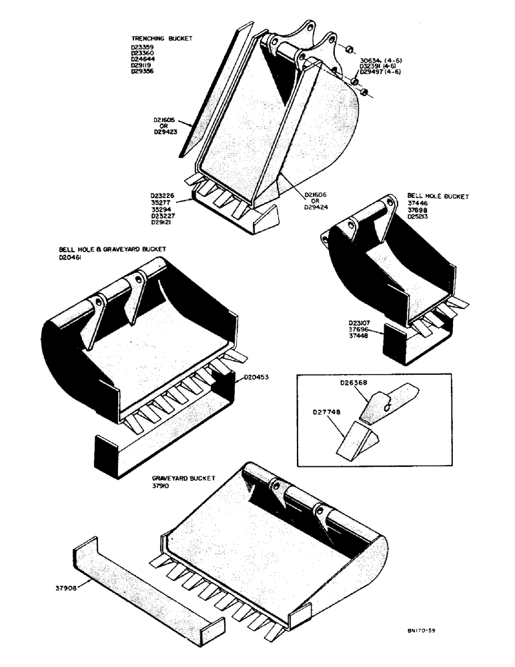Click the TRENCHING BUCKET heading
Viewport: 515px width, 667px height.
tap(161, 39)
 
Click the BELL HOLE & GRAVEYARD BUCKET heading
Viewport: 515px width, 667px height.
tap(112, 249)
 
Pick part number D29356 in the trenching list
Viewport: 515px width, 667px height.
tap(143, 71)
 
